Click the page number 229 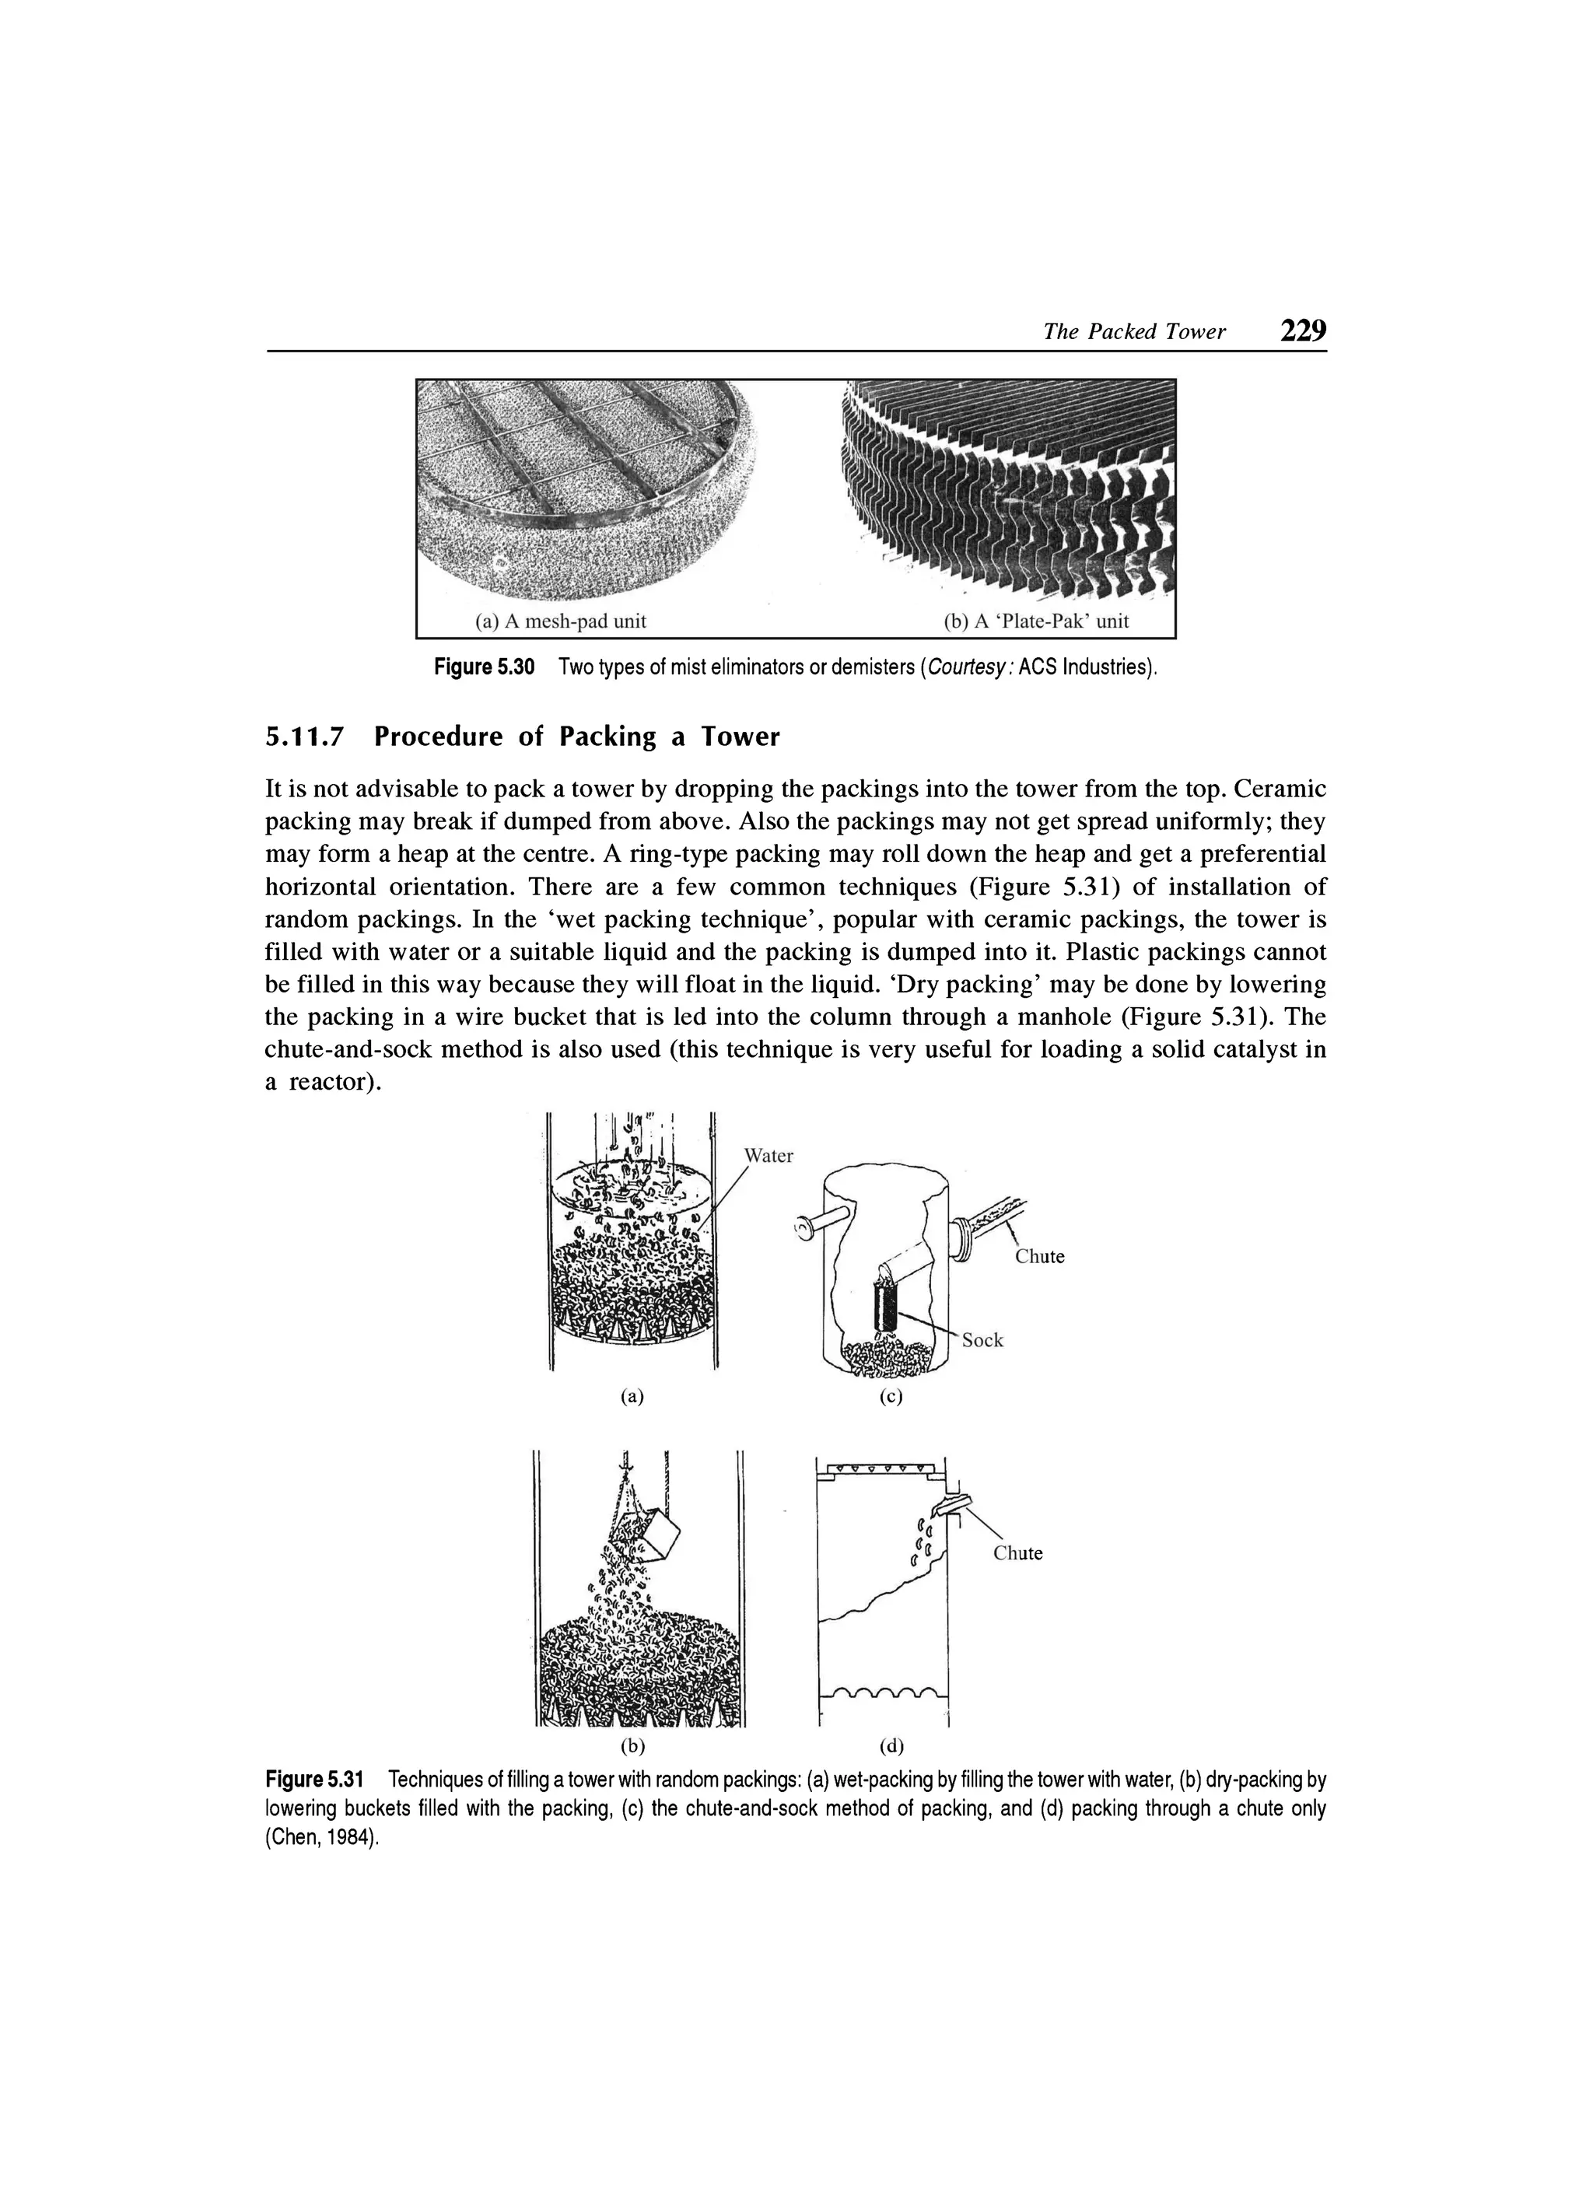tap(1302, 331)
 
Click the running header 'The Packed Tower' tap(1134, 332)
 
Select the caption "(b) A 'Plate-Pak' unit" tap(1035, 621)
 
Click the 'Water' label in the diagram tap(768, 1157)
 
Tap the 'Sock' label tap(982, 1340)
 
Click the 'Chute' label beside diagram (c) tap(1039, 1257)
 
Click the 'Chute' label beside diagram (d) tap(1018, 1553)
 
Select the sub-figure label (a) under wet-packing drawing tap(631, 1396)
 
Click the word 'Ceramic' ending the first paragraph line tap(1281, 789)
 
